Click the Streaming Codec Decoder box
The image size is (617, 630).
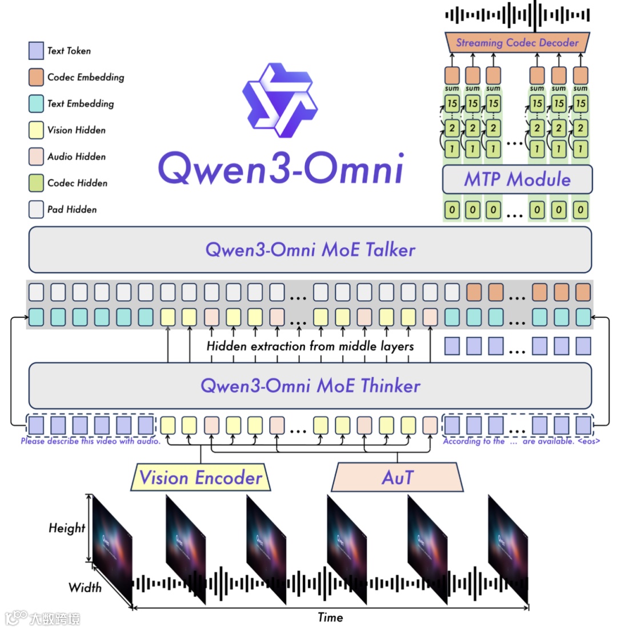click(x=518, y=42)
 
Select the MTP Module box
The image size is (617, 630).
click(x=518, y=180)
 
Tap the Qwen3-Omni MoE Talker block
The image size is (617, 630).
click(x=310, y=250)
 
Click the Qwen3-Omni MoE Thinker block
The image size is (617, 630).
click(x=310, y=385)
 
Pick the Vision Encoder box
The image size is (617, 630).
click(x=201, y=477)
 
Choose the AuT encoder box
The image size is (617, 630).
click(x=398, y=477)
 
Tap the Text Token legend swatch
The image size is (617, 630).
click(x=36, y=51)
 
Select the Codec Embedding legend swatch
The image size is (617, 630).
click(x=36, y=77)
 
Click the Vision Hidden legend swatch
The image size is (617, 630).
click(x=36, y=130)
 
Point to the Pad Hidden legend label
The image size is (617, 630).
click(x=72, y=210)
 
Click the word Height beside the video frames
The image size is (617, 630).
click(x=67, y=528)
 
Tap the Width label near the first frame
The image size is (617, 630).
click(x=85, y=588)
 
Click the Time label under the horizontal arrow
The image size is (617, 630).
click(x=330, y=617)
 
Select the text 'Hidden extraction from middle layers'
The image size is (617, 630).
click(x=310, y=346)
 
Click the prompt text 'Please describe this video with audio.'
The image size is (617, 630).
click(x=90, y=441)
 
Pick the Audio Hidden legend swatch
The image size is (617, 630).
click(x=36, y=157)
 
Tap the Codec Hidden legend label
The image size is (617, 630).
click(x=77, y=184)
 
